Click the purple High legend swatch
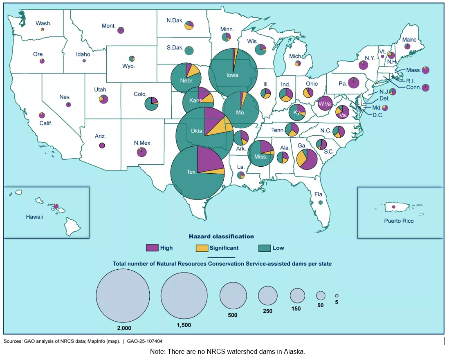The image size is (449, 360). coord(152,248)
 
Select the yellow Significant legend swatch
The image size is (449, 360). coord(202,248)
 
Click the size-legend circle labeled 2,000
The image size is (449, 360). coord(123,295)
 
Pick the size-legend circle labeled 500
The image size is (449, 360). coord(233,295)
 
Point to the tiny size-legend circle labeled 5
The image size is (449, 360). coord(337,295)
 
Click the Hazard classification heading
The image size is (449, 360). coord(221,236)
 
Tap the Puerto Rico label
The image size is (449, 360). coord(399,221)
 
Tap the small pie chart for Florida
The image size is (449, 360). coord(321,202)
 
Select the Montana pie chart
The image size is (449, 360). coord(121,30)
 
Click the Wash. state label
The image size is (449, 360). coord(43,23)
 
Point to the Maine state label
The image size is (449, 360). coord(409,40)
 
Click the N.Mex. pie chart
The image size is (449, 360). coord(141,152)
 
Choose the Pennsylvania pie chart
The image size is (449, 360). coord(354,83)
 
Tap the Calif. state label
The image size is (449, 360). coord(45,123)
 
